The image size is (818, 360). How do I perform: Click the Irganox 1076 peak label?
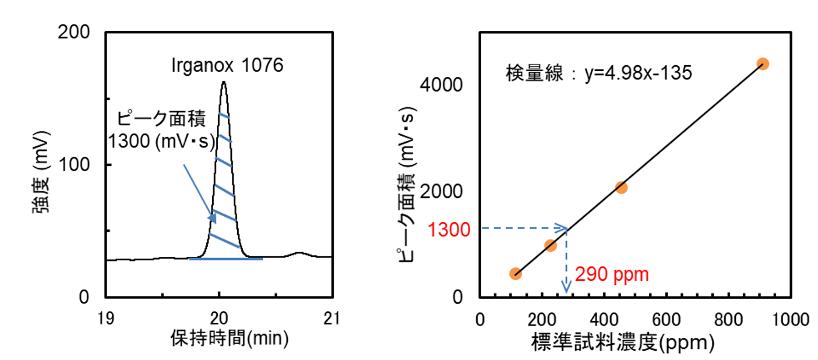pos(227,65)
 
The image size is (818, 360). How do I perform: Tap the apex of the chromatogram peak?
pos(224,82)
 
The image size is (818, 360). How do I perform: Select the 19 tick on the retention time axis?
pos(105,318)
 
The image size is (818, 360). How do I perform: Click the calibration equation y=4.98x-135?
pos(639,74)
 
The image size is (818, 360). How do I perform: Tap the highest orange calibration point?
pos(763,63)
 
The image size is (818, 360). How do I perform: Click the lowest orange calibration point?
pos(515,274)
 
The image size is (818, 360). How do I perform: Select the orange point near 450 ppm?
pos(621,187)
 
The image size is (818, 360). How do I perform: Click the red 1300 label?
pos(449,230)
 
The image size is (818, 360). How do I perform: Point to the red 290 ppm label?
pos(612,274)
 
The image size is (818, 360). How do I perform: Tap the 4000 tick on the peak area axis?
pos(441,85)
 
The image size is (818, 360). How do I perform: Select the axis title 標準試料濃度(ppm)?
pos(623,344)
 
